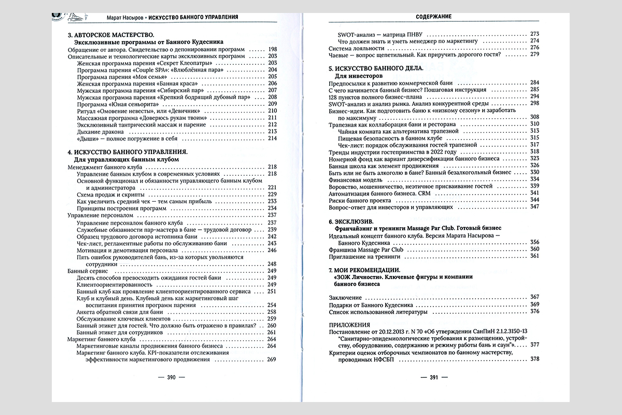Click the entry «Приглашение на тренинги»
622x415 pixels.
coord(362,256)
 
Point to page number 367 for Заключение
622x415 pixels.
coord(535,297)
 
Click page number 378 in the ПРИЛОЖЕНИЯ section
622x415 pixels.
coord(535,358)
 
